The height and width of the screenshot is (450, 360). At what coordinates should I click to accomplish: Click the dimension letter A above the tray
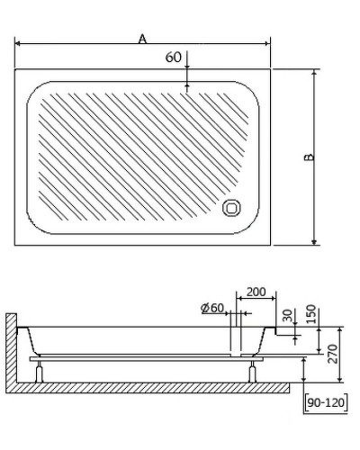pos(143,37)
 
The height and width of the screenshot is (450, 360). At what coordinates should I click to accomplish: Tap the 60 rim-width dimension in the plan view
pos(174,58)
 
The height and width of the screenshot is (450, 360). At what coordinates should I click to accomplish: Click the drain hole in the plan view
pos(232,209)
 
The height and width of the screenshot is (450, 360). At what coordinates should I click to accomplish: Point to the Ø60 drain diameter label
pos(212,308)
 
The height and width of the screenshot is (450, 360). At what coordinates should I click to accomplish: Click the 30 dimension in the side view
pos(287,316)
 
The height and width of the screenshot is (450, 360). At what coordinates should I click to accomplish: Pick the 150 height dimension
pos(310,312)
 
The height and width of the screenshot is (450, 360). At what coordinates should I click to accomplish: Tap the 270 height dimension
pos(332,353)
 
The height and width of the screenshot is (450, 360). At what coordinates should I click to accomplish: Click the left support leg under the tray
pos(39,371)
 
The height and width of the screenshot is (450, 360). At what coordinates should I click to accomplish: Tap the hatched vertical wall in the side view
pos(11,351)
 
